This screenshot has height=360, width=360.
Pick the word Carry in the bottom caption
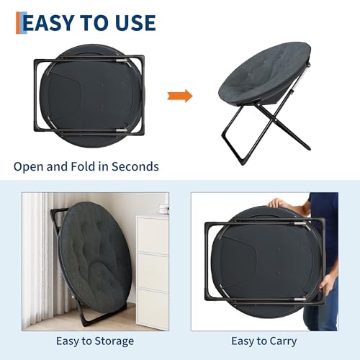[x=282, y=341]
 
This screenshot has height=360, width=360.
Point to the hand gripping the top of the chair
[x=276, y=204]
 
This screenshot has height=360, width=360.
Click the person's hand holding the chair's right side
[x=326, y=286]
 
